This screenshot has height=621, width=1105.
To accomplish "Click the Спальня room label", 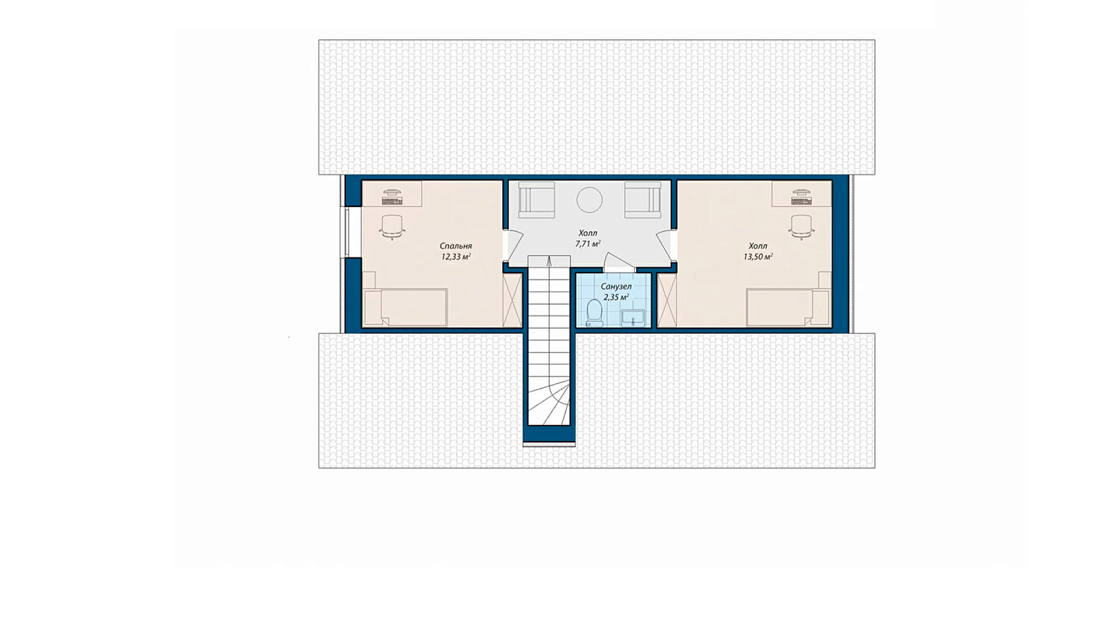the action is tap(456, 246).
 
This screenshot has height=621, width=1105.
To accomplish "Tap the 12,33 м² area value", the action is tap(456, 256).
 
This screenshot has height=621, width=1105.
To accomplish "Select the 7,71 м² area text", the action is tap(588, 244).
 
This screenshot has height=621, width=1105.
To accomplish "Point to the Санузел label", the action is tap(615, 287).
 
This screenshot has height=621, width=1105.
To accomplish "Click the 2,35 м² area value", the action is tap(615, 297).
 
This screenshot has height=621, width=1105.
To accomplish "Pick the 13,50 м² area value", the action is tap(758, 256).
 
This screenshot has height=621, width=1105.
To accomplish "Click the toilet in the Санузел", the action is tap(595, 313).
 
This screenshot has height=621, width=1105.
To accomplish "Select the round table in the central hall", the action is tap(590, 200).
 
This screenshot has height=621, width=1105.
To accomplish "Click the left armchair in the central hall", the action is tap(536, 199).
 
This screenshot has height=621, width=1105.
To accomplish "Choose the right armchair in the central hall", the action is tap(642, 199).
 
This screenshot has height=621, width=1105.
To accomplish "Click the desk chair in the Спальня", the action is tap(393, 227).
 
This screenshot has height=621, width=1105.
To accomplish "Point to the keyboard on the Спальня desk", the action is tap(393, 201).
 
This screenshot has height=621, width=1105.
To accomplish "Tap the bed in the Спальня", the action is tap(405, 308).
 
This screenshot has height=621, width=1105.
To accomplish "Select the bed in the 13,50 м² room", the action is tap(788, 308).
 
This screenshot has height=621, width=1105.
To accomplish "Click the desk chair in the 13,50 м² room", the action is tap(801, 227).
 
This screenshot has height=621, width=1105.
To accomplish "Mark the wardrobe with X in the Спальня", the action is tap(512, 300).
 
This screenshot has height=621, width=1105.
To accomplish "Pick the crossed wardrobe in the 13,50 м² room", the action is tap(667, 300).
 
